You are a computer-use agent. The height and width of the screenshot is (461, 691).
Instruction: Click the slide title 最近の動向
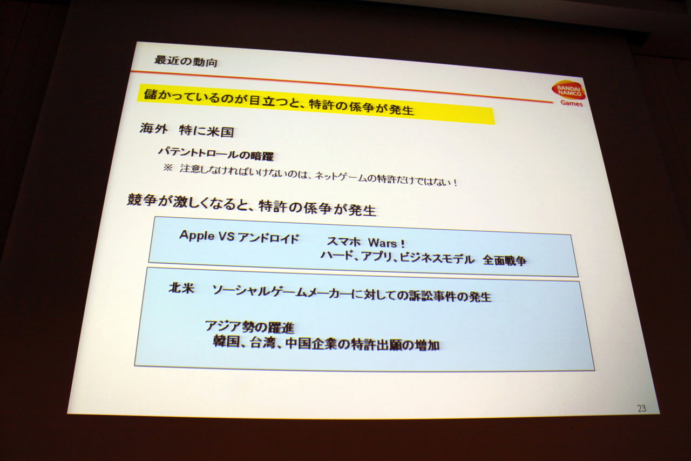pos(186,62)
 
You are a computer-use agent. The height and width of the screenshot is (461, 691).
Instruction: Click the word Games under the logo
pos(571,103)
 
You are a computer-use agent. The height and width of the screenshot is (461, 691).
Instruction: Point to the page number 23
pos(642,409)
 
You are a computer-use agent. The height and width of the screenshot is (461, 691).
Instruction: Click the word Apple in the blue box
pos(197,236)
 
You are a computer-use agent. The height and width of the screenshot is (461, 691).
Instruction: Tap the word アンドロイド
pos(268,238)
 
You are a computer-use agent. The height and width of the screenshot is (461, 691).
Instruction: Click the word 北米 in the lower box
pos(181,289)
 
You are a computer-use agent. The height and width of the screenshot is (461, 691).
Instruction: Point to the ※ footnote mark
pos(167,169)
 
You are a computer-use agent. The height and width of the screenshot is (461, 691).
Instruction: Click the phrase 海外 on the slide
pos(153,129)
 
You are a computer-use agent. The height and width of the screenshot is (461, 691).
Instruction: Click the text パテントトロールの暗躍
pos(215,154)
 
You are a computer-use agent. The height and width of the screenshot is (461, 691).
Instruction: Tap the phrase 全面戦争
pos(505,260)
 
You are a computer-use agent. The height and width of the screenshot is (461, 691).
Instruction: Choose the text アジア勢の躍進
pos(249,327)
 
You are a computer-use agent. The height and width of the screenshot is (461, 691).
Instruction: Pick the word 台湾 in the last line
pos(262,343)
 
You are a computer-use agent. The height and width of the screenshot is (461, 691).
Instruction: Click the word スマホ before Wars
pos(344,242)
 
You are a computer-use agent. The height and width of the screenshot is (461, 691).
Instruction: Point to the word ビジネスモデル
pos(437,258)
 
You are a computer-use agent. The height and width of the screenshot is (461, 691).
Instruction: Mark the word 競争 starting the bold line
pos(141,201)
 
